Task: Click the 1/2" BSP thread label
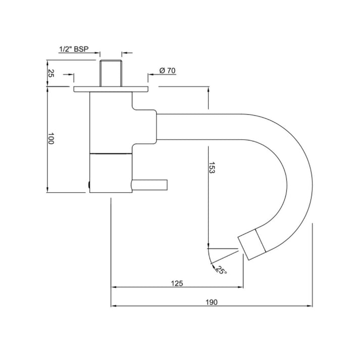pos(74,49)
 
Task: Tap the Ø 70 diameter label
pos(167,71)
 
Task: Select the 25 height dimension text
pos(50,73)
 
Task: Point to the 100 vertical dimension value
pos(50,138)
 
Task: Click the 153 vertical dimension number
pos(212,168)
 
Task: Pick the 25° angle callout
pos(221,270)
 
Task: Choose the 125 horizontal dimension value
pos(177,283)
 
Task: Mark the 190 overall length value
pos(211,302)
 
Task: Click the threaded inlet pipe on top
pos(111,73)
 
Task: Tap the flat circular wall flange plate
pos(111,89)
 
